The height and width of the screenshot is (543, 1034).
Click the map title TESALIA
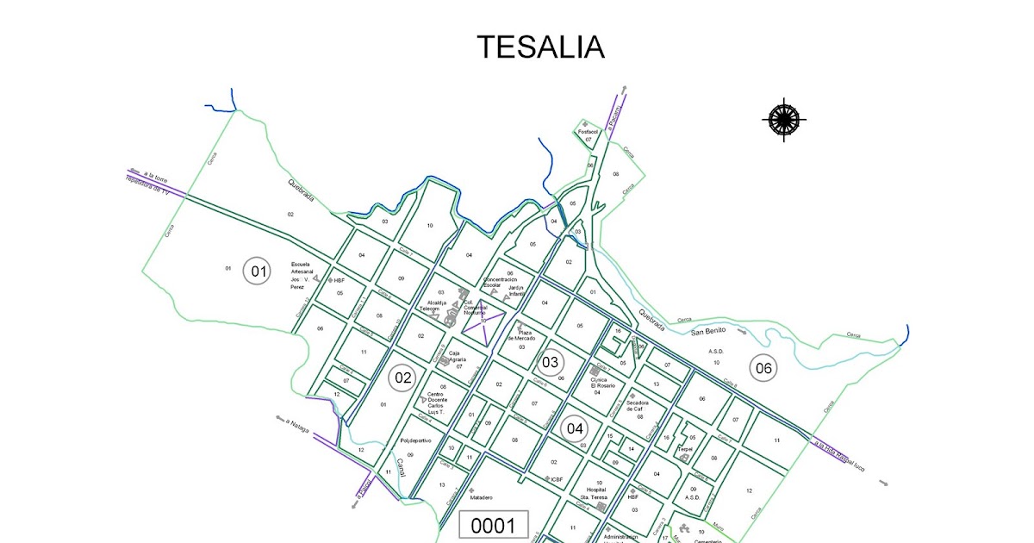coord(540,47)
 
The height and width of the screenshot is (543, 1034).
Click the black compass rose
coord(784,119)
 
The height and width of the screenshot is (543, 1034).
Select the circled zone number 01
coord(257,271)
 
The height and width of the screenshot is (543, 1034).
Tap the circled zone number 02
coord(402,377)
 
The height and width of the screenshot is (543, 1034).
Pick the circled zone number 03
coord(550,363)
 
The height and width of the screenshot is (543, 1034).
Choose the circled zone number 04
coord(575,428)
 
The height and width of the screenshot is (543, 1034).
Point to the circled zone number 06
coord(763,368)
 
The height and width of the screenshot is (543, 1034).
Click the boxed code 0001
coord(493,525)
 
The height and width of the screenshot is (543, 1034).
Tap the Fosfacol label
coord(588,131)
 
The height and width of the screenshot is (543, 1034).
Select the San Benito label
coord(708,330)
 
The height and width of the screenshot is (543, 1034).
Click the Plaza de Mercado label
coord(526,335)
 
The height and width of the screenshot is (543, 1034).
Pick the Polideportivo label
coord(415,440)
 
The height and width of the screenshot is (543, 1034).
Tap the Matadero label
coord(481,498)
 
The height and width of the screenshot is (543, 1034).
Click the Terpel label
coord(685,448)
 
